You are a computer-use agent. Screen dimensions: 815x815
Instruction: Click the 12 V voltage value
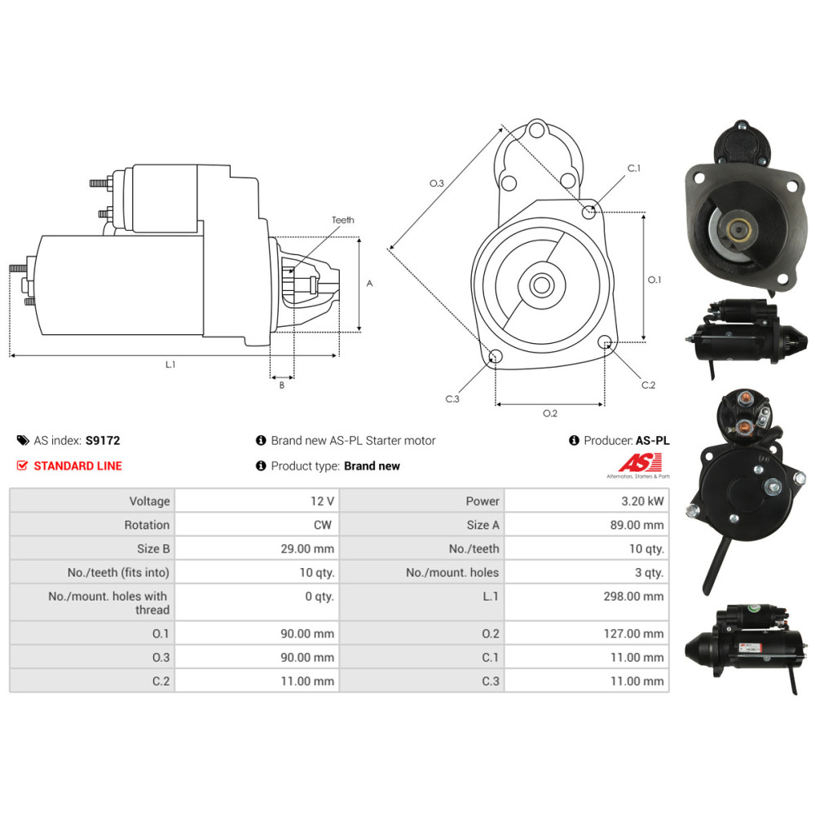[322, 501]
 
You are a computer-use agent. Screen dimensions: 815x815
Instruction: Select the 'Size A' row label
[482, 525]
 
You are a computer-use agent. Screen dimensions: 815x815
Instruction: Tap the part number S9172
[103, 441]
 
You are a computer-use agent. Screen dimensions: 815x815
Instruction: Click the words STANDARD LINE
[77, 466]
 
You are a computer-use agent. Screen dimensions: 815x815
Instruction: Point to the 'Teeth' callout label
[343, 220]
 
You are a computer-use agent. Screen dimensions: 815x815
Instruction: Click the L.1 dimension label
[170, 364]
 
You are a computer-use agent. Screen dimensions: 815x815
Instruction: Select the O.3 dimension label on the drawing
[437, 184]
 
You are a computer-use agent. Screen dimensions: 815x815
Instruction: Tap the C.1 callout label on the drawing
[633, 168]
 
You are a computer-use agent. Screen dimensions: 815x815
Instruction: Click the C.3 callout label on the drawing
[452, 399]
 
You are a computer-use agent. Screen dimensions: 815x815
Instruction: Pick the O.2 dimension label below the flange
[550, 413]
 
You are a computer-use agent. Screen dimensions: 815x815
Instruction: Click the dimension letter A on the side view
[369, 284]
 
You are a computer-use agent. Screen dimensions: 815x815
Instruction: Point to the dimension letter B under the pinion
[282, 385]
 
